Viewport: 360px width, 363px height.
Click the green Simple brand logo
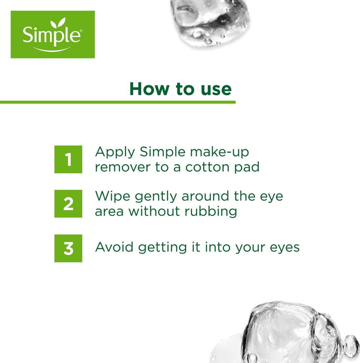tap(53, 34)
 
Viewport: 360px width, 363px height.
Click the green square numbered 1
tap(68, 159)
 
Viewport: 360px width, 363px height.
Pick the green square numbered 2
tap(68, 204)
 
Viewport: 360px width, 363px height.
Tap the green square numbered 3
tap(68, 248)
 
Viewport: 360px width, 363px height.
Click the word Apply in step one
tap(115, 152)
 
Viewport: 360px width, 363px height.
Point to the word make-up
tap(219, 152)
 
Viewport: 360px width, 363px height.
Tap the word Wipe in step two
tap(113, 197)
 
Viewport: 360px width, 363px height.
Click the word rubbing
tap(211, 212)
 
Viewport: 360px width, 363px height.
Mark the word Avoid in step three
tap(114, 247)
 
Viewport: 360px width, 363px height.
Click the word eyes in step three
tap(285, 248)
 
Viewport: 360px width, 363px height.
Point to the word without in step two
tap(154, 211)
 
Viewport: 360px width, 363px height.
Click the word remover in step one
tap(123, 167)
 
